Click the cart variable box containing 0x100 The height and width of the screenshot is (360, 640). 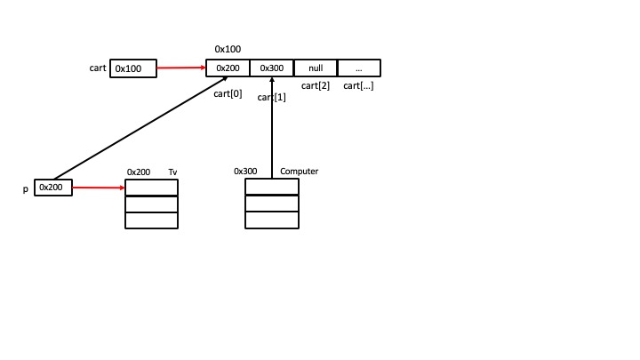click(x=132, y=68)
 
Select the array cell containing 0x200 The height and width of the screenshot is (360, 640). click(x=228, y=68)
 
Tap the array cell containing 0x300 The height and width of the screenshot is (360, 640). click(x=271, y=68)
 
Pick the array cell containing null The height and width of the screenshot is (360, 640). click(x=316, y=68)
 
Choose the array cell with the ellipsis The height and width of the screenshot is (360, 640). click(x=359, y=68)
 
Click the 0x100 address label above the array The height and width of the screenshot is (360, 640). click(x=228, y=49)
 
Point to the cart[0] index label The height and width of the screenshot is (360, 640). click(x=228, y=94)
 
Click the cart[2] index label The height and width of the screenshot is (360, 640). click(x=316, y=85)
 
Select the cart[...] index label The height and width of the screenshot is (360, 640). click(x=358, y=85)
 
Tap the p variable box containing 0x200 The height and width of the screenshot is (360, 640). click(x=52, y=188)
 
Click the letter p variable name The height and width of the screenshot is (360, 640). click(x=25, y=189)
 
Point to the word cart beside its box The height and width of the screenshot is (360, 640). click(x=98, y=68)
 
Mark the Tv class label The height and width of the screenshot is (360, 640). click(x=173, y=172)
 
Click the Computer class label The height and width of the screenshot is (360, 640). click(x=299, y=171)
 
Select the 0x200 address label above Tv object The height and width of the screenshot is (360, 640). click(x=139, y=172)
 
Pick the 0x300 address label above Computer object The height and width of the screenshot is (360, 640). click(x=245, y=171)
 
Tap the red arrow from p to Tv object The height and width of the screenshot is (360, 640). click(x=98, y=188)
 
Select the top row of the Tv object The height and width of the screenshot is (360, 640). click(x=151, y=188)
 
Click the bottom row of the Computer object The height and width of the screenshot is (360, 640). click(x=271, y=220)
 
